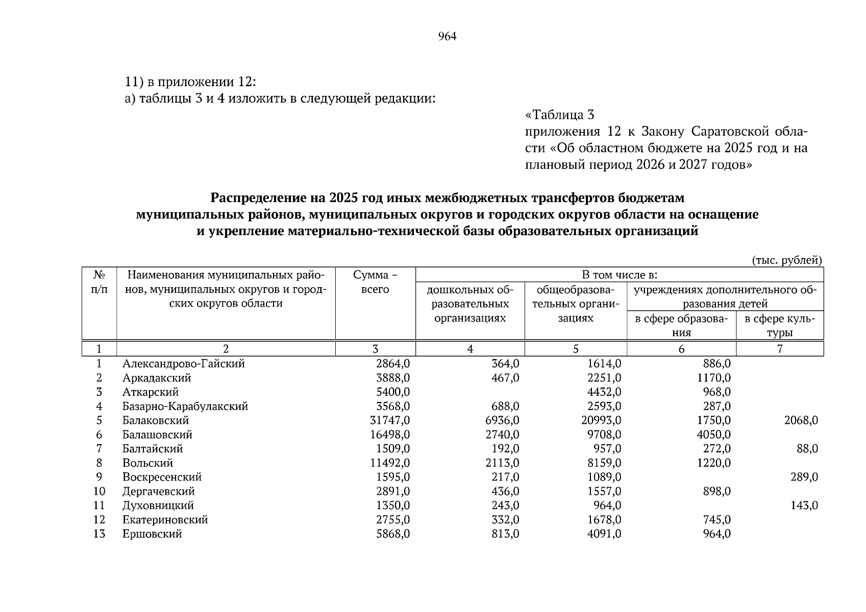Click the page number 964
(x=447, y=37)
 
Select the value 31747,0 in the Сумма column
(x=390, y=421)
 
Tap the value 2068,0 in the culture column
(x=801, y=421)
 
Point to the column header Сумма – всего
(x=375, y=282)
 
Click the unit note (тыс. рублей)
(x=787, y=260)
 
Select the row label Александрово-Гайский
(x=183, y=364)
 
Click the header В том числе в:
(x=619, y=275)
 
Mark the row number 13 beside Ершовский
(x=99, y=534)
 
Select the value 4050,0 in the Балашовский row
(x=713, y=435)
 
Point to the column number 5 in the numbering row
(x=575, y=349)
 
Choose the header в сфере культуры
(x=779, y=326)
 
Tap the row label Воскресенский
(x=162, y=477)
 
